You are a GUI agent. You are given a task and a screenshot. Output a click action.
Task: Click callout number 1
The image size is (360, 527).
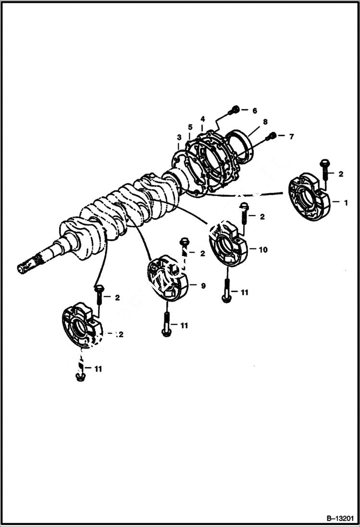pyautogui.click(x=345, y=203)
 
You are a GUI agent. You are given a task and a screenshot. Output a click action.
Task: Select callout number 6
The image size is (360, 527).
pyautogui.click(x=255, y=110)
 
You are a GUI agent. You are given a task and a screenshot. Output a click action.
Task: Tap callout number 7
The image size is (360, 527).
pyautogui.click(x=291, y=136)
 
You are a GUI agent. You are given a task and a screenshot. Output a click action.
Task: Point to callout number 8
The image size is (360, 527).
pyautogui.click(x=265, y=123)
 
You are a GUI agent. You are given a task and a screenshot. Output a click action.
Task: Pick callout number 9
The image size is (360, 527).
pyautogui.click(x=203, y=286)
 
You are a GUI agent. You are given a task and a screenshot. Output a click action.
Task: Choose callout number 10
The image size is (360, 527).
pyautogui.click(x=263, y=250)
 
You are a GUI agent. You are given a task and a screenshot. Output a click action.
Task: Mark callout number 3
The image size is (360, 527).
pyautogui.click(x=179, y=137)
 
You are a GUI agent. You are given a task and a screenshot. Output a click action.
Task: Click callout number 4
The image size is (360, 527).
pyautogui.click(x=203, y=118)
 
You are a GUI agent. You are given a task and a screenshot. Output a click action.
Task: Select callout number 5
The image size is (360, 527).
pyautogui.click(x=190, y=127)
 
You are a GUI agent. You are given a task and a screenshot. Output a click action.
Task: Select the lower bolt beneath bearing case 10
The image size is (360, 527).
pyautogui.click(x=226, y=290)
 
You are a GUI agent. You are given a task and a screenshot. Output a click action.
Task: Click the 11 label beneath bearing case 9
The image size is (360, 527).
pyautogui.click(x=184, y=325)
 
